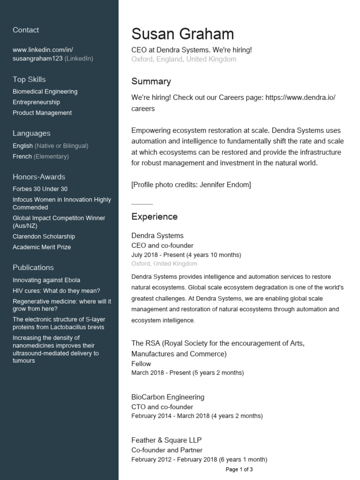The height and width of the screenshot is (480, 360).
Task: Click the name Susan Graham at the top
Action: [x=182, y=34]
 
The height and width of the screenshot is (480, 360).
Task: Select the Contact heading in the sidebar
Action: [x=26, y=30]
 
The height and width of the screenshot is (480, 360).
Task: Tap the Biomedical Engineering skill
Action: [x=45, y=91]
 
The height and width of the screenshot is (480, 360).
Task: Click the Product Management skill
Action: [x=42, y=113]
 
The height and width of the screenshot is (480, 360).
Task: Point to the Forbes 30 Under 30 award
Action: [x=40, y=189]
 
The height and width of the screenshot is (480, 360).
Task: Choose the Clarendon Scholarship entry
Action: [x=44, y=237]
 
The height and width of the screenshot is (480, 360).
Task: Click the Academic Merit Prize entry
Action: [x=42, y=247]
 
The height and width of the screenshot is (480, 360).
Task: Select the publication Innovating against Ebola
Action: [x=46, y=280]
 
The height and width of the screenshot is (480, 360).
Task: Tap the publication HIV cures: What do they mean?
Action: [x=56, y=291]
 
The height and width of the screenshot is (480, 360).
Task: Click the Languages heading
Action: [x=31, y=134]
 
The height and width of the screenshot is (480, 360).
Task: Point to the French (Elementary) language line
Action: [x=41, y=157]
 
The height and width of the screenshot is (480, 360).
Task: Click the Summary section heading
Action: [x=151, y=82]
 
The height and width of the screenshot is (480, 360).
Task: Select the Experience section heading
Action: [x=154, y=217]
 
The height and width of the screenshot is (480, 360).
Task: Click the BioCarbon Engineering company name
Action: [x=168, y=397]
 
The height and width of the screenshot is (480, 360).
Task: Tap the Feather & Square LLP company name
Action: [x=166, y=440]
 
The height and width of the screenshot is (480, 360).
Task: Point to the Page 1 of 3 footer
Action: [x=239, y=469]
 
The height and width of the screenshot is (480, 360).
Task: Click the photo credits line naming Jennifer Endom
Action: [x=191, y=185]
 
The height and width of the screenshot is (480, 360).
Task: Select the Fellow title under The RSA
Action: [x=141, y=364]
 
